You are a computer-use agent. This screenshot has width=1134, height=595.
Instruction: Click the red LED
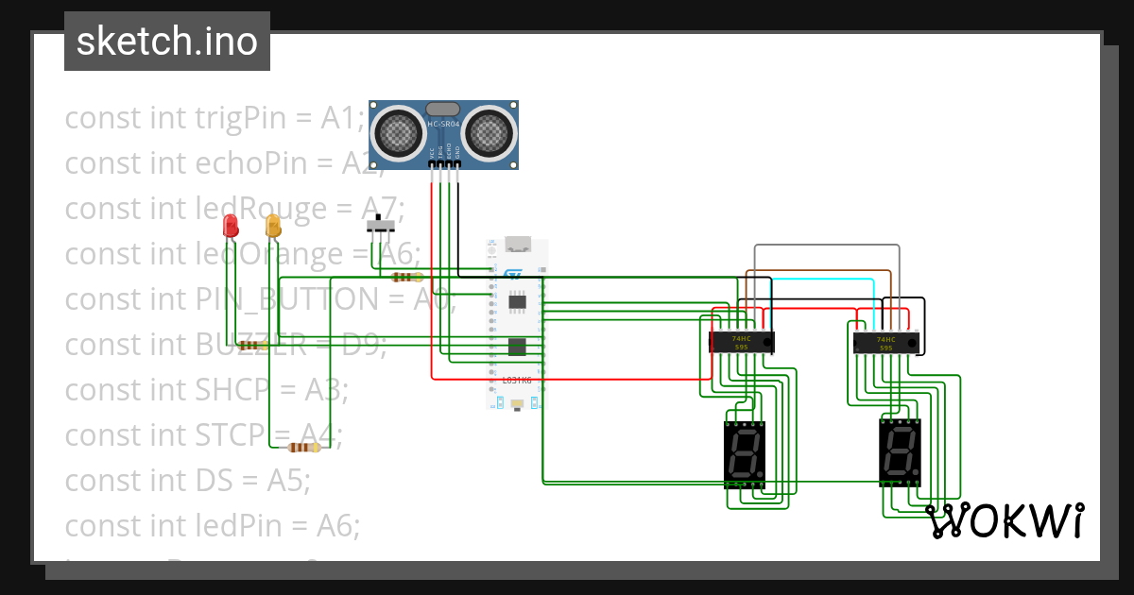[230, 226]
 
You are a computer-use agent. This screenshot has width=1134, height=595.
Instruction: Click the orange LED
[273, 226]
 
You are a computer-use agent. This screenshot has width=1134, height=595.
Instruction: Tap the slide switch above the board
[381, 226]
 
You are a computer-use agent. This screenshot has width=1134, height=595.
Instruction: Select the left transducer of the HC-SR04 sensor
[400, 133]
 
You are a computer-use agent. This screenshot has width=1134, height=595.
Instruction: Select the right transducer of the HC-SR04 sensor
[488, 133]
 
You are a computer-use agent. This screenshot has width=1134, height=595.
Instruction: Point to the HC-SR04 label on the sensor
[443, 125]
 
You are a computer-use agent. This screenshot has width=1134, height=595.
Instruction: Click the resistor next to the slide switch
[406, 277]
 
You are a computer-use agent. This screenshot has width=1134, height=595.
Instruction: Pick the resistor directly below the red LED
[252, 346]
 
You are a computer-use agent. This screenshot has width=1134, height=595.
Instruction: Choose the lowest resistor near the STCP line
[304, 448]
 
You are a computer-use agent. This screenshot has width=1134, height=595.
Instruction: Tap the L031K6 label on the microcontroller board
[516, 380]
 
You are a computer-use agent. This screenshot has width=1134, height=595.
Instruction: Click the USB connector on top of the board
[517, 244]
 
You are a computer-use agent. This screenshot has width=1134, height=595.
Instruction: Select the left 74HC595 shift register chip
[742, 342]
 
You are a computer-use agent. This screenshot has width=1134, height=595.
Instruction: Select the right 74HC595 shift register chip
[885, 343]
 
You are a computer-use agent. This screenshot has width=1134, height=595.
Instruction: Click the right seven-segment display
[900, 451]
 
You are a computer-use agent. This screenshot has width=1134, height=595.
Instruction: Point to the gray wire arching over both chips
[827, 246]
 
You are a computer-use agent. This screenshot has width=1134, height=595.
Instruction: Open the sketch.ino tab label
[167, 42]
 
